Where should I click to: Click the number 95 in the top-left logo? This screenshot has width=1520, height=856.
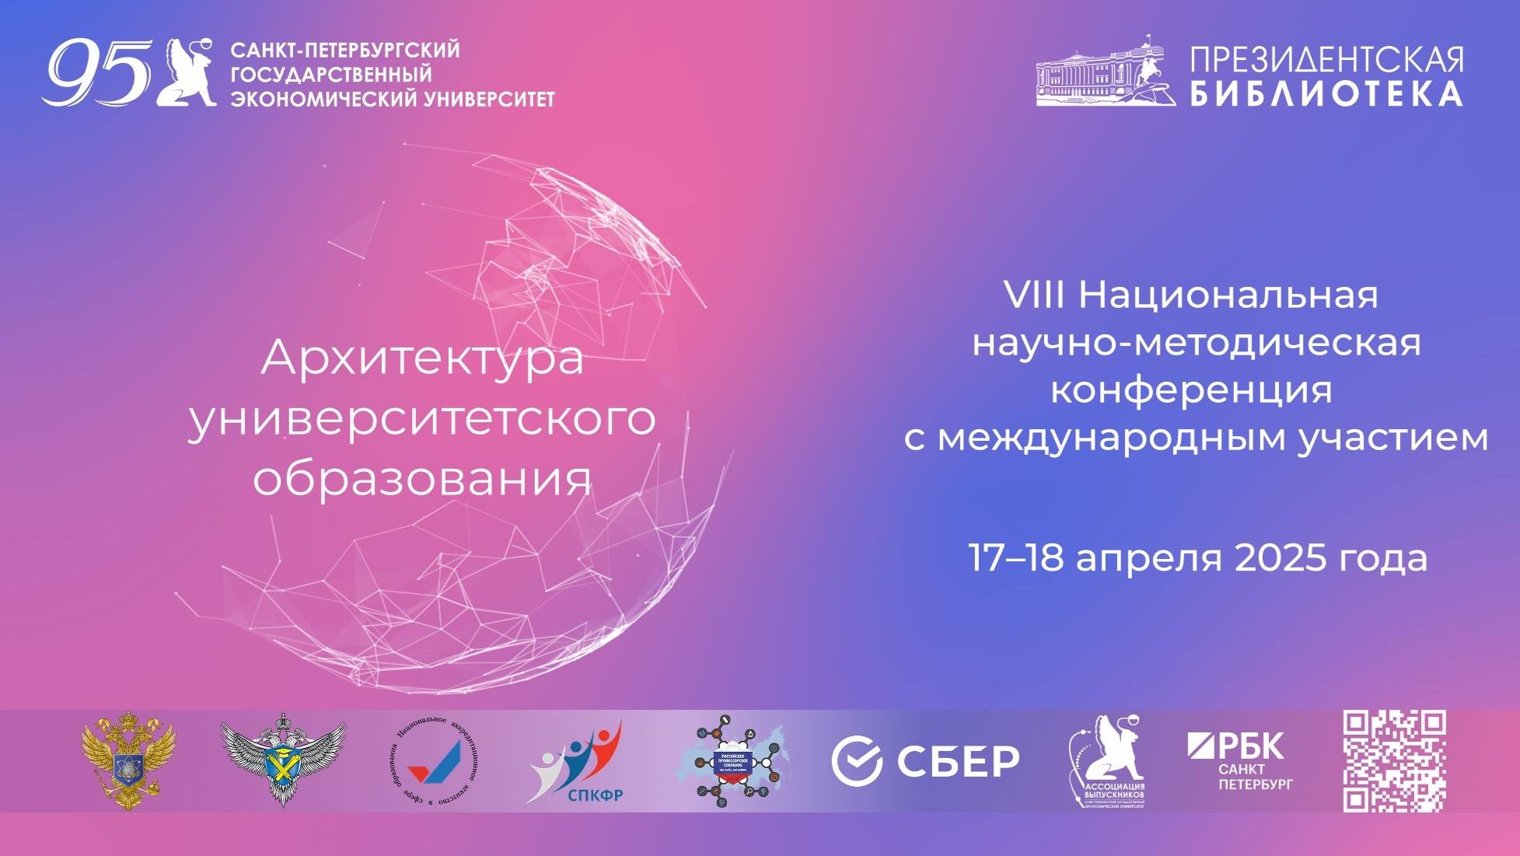[96, 73]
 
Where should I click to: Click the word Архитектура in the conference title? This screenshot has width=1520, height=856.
[422, 359]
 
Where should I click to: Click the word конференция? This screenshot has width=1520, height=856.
[1191, 390]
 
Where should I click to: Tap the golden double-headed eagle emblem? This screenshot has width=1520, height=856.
[128, 761]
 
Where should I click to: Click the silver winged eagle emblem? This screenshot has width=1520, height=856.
[283, 760]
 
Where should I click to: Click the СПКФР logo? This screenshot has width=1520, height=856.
[577, 763]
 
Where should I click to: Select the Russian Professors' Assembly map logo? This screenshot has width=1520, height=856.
[733, 761]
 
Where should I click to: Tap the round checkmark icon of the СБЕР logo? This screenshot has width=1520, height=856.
[856, 761]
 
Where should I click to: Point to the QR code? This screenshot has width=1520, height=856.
[1394, 761]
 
